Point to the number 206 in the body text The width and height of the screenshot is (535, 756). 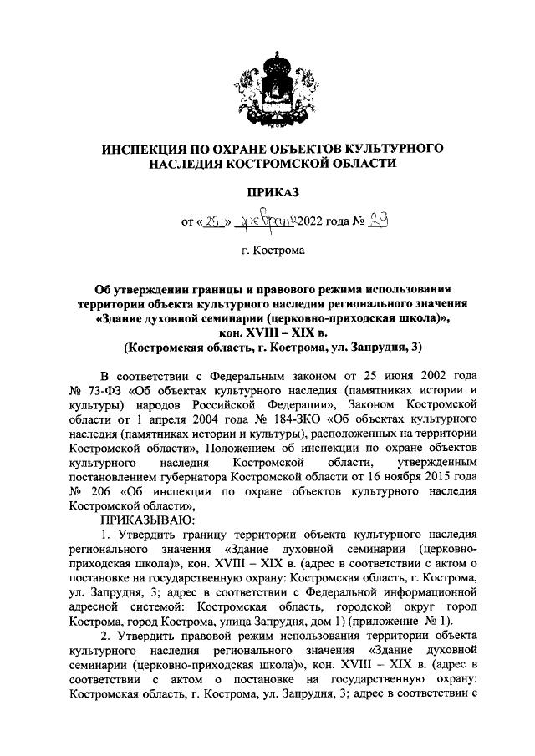101,490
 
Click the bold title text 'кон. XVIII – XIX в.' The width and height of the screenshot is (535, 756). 267,331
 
